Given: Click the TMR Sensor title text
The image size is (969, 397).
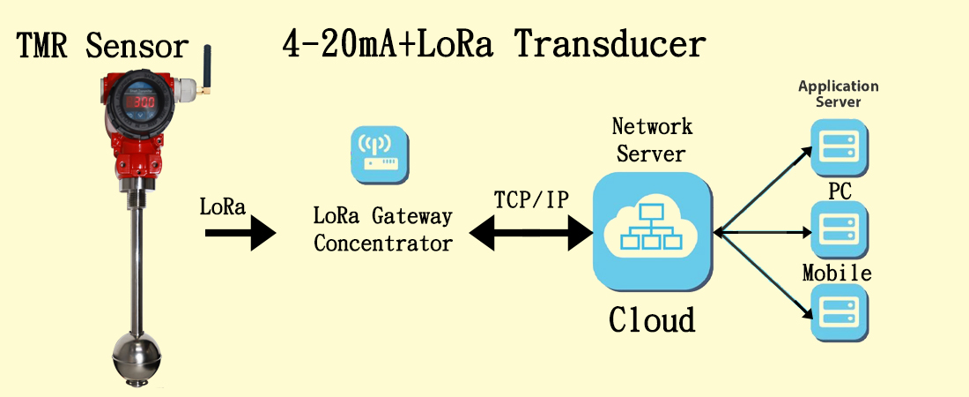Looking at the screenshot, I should (102, 46).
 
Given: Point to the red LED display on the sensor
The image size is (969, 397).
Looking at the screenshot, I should (141, 104).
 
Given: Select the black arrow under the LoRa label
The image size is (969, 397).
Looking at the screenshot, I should (240, 233).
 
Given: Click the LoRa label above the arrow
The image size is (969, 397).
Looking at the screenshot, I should (223, 207).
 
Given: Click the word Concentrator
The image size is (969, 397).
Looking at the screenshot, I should (382, 243).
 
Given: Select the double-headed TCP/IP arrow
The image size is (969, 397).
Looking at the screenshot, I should (531, 233).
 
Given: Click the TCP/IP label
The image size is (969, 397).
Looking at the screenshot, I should (532, 200).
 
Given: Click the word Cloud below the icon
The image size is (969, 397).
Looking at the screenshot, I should (652, 319).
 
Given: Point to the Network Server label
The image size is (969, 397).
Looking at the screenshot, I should (652, 139).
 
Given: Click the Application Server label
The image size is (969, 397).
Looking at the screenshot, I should (839, 94).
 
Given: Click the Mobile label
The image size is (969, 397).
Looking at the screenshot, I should (837, 273).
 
